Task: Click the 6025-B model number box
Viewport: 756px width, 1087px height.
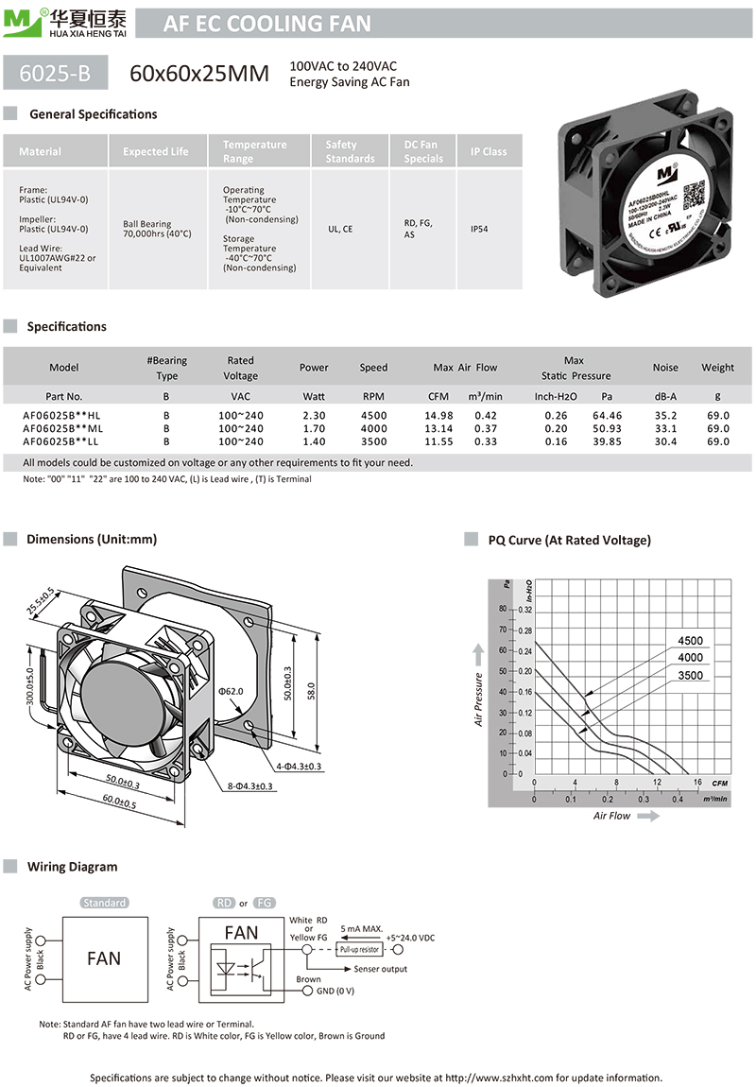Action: click(56, 74)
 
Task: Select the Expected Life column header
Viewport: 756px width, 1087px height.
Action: click(156, 151)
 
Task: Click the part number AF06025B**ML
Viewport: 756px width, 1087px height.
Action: click(62, 428)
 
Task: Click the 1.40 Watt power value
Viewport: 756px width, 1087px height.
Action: click(314, 441)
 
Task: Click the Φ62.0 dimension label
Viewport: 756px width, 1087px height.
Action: click(232, 692)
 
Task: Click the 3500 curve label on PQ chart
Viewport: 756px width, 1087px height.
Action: click(690, 676)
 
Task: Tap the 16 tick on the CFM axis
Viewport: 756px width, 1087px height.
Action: click(697, 783)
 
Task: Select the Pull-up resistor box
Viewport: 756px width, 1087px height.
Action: click(356, 949)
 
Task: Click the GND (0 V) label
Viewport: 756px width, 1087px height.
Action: click(335, 991)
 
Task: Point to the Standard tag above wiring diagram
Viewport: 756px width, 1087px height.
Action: click(104, 903)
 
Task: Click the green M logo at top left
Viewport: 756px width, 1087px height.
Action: click(16, 24)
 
